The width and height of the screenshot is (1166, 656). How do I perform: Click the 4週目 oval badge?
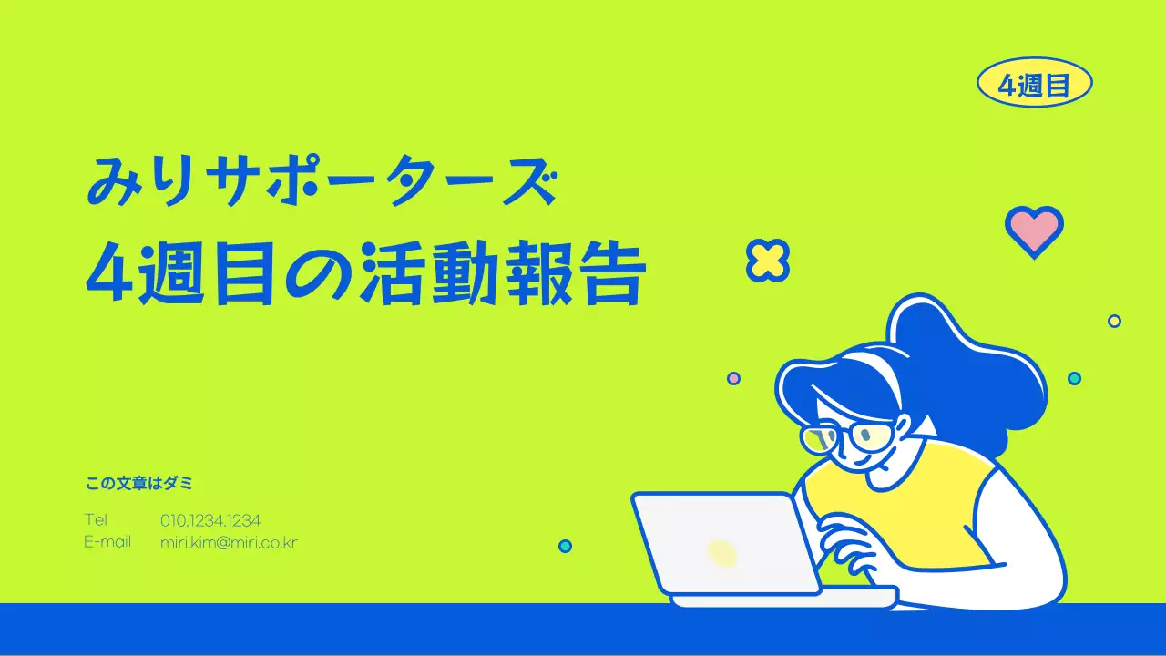[x=1034, y=83]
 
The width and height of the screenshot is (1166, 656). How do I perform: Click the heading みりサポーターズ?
[x=320, y=181]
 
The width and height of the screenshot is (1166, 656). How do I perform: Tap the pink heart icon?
[x=1034, y=229]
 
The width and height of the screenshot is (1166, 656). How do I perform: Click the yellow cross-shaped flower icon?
[x=767, y=260]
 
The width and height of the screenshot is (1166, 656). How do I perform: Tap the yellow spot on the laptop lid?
[x=721, y=552]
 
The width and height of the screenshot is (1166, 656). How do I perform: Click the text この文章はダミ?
[x=139, y=484]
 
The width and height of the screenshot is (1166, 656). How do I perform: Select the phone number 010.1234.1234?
[x=210, y=520]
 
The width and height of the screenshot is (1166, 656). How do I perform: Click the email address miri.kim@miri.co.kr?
[x=229, y=542]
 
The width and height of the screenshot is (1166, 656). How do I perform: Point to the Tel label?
[x=96, y=520]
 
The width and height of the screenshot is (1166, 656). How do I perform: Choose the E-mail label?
[x=107, y=542]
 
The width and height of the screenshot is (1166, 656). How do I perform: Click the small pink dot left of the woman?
[x=733, y=378]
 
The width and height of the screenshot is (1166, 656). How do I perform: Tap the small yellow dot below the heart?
[x=1114, y=321]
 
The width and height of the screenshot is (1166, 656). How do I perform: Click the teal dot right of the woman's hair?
[x=1074, y=378]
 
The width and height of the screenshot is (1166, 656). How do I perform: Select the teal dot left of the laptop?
[x=565, y=546]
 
